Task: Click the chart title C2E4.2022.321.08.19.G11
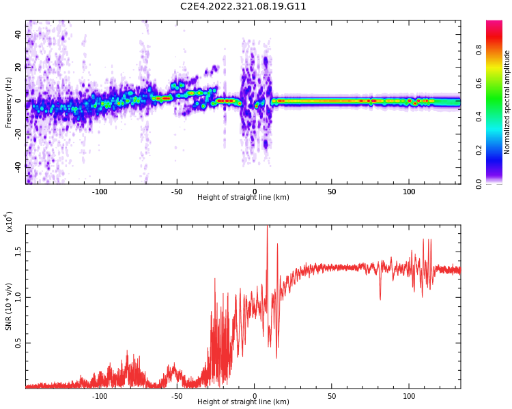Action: [243, 7]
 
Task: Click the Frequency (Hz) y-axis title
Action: [9, 102]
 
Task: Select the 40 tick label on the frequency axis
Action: [18, 34]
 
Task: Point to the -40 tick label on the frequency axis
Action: [18, 166]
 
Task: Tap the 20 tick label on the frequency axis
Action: [18, 67]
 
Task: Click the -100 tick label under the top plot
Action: [100, 191]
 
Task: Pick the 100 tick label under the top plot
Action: [409, 191]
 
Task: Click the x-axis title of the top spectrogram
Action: [243, 198]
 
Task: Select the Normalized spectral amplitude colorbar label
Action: [507, 102]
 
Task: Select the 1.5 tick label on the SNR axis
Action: [18, 251]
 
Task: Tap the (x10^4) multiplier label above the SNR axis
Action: [9, 222]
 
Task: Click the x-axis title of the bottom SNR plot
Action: [243, 402]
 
